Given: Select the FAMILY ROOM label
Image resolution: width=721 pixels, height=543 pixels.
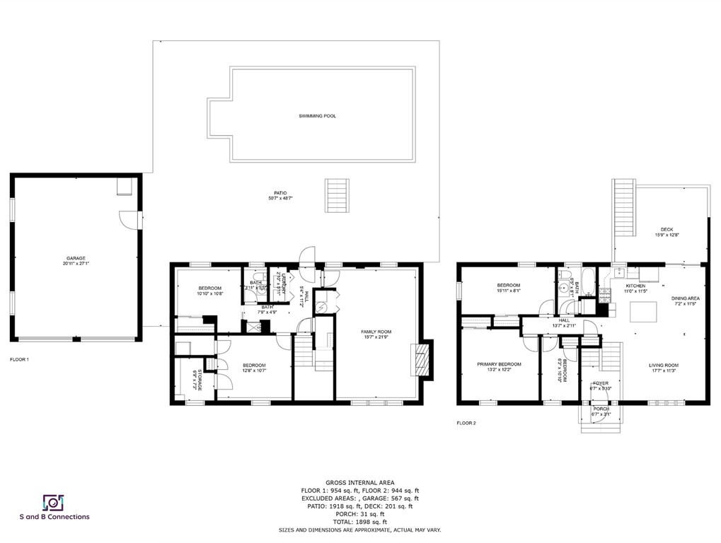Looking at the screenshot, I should (376, 332).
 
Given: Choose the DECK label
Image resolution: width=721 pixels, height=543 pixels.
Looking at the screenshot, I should (667, 229).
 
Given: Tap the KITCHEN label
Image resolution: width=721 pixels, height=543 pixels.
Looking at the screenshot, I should (635, 286).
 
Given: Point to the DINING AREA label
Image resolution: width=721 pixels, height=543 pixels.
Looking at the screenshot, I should (685, 299).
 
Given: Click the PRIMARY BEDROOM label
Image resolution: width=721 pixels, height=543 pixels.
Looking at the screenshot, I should (499, 364).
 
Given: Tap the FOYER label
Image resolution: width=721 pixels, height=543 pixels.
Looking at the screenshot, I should (599, 383).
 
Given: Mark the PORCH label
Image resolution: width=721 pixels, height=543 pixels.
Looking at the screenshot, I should (601, 409).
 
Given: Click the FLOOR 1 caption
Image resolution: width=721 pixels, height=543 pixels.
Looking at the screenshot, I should (20, 359).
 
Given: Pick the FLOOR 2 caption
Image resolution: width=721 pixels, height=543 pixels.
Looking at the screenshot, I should (466, 423).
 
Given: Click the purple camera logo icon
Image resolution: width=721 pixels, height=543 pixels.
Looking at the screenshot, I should (54, 502).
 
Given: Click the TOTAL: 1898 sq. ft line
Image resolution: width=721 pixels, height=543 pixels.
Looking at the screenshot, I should (360, 522).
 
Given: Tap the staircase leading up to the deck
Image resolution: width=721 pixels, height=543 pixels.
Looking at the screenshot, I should (622, 205).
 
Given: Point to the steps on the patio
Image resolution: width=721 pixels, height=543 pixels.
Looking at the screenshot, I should (337, 195).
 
